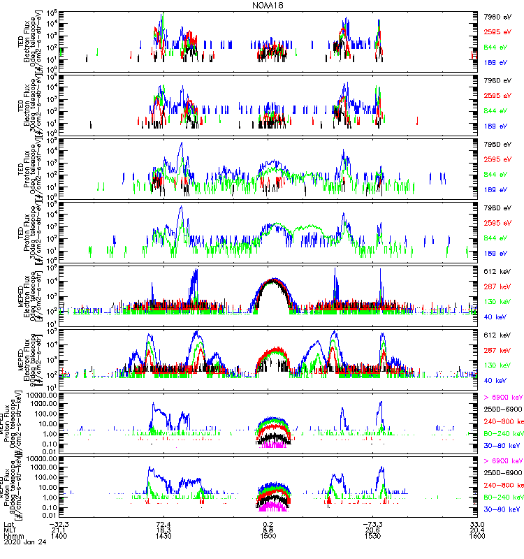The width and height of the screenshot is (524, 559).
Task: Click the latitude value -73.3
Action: tap(373, 523)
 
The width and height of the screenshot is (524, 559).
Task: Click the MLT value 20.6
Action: tap(373, 530)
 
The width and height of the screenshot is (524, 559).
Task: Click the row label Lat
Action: tap(8, 523)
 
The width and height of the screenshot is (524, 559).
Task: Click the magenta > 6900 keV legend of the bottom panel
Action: tap(502, 461)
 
